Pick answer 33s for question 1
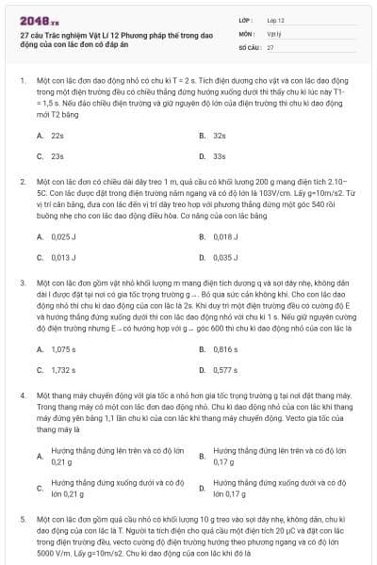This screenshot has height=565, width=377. [x=220, y=156]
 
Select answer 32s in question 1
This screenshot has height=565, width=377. [x=220, y=136]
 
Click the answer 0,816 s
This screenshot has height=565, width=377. [x=225, y=348]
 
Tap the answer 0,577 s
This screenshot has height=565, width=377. [x=225, y=369]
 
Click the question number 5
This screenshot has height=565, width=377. [x=22, y=519]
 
